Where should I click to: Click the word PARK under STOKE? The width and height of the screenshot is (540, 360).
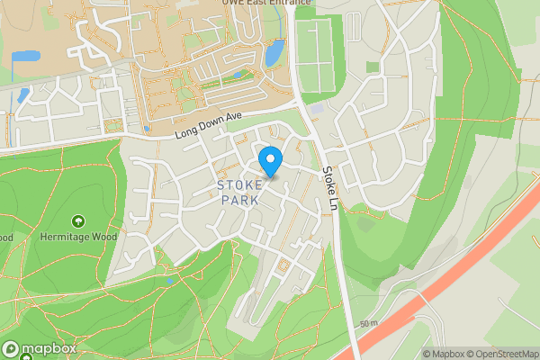pyautogui.click(x=239, y=200)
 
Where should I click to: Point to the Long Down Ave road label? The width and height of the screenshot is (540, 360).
pyautogui.click(x=210, y=132)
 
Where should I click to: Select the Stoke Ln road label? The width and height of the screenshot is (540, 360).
pyautogui.click(x=329, y=184)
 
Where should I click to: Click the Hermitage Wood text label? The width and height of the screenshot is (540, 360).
pyautogui.click(x=79, y=237)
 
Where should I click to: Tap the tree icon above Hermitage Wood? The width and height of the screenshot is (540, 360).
pyautogui.click(x=78, y=221)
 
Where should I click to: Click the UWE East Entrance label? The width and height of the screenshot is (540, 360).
pyautogui.click(x=266, y=3)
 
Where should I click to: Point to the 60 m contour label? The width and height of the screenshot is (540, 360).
pyautogui.click(x=368, y=322)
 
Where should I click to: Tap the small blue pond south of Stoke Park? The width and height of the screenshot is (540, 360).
pyautogui.click(x=170, y=280)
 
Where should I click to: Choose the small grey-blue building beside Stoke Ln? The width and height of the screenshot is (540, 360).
pyautogui.click(x=318, y=110)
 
